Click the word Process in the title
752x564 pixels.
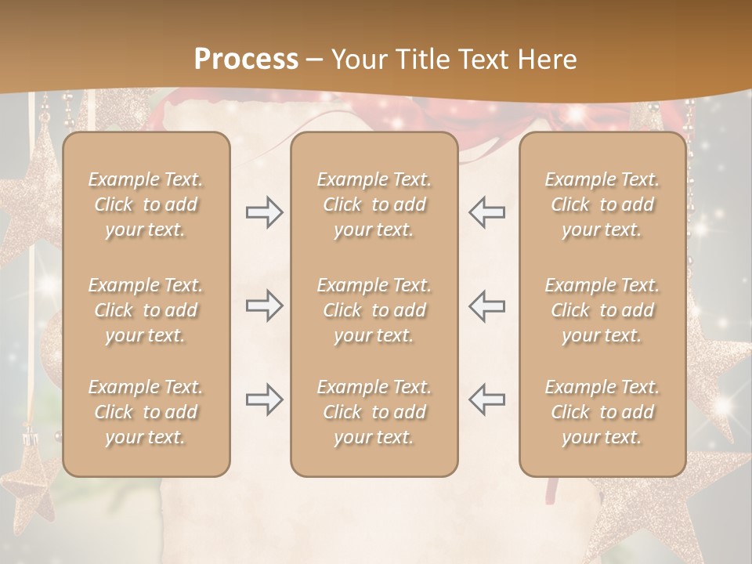[x=246, y=60]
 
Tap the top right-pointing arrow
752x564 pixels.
[x=264, y=212]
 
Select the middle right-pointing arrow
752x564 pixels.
[x=264, y=305]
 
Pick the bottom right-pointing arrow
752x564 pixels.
[x=264, y=399]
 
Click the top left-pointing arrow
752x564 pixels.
[x=487, y=212]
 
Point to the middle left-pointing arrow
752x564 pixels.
[x=487, y=305]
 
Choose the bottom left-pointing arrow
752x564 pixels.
[x=487, y=399]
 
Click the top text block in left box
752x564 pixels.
[x=146, y=204]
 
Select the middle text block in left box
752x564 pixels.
[x=146, y=310]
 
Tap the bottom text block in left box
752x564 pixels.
[x=146, y=412]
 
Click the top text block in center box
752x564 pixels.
[x=374, y=204]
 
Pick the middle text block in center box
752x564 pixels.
[x=374, y=310]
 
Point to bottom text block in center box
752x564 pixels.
[x=374, y=412]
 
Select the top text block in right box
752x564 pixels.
[x=602, y=204]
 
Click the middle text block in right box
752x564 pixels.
[x=602, y=310]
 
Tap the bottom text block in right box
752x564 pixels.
[x=602, y=412]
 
